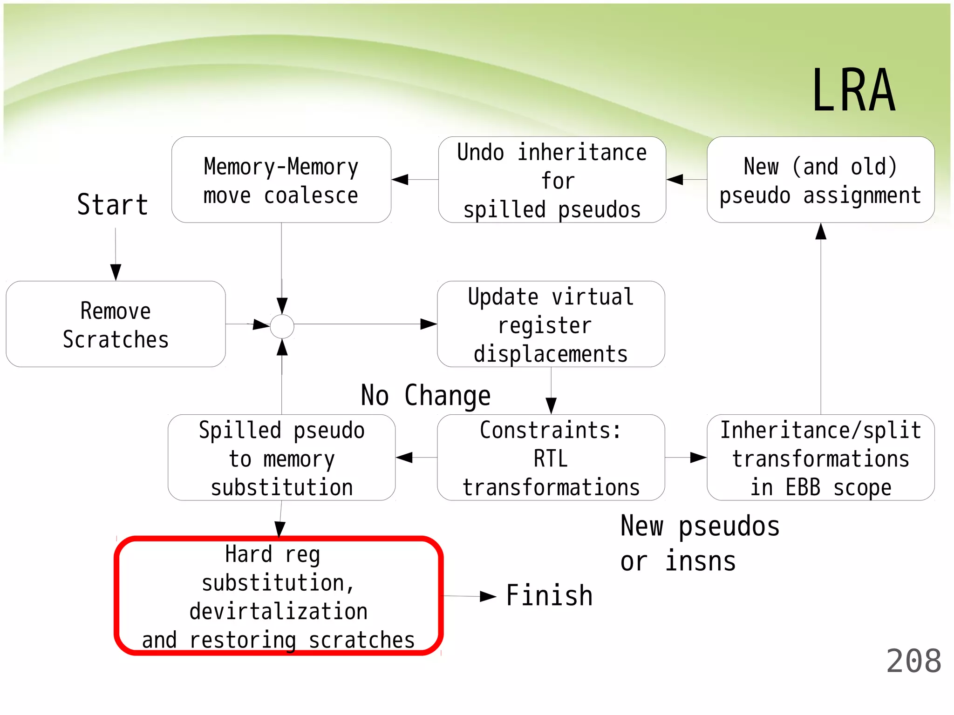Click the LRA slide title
coord(853,91)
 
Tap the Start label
coord(112,204)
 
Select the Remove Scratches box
coord(116,324)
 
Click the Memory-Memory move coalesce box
coord(281,180)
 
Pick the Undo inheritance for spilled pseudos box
coord(552,180)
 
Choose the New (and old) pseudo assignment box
coord(820,180)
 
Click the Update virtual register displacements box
coord(551,324)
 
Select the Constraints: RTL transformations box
coord(551,458)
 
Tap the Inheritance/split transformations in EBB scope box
coord(820,458)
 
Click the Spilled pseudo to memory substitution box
coord(281,458)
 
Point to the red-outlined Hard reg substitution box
coord(279,596)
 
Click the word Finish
coord(549,596)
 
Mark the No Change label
coord(426,396)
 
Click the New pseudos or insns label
coord(700,543)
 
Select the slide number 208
coord(913,661)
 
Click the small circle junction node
coord(282,326)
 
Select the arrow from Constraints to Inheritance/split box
coord(686,458)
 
